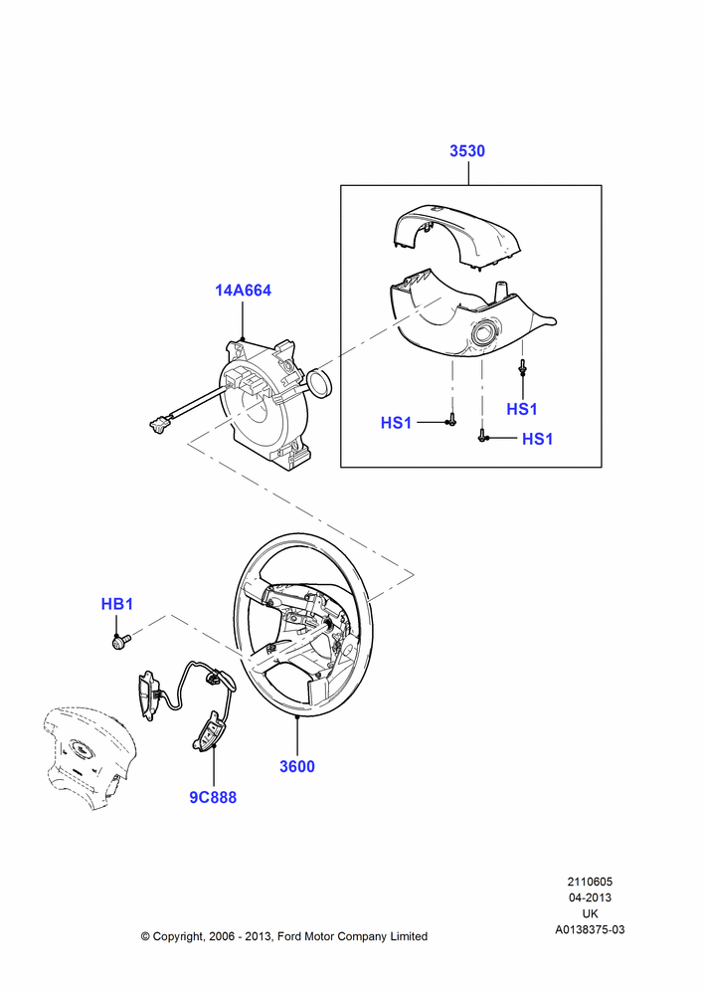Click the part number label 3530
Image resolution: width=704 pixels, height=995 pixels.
coord(467,151)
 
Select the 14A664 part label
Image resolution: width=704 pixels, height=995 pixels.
coord(243,291)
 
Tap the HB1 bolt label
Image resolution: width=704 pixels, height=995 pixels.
coord(117,604)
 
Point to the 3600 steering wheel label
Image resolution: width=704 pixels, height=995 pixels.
coord(297,766)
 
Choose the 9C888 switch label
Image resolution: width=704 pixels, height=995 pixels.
coord(213,798)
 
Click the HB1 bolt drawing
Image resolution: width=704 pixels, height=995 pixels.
coord(120,641)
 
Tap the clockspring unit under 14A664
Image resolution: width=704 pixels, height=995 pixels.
coord(264,400)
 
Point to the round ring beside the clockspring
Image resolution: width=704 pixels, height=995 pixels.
coord(318,383)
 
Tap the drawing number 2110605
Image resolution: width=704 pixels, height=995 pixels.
coord(590,882)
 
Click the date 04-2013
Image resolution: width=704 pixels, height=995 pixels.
coord(590,897)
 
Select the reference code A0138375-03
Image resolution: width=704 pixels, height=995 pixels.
coord(590,929)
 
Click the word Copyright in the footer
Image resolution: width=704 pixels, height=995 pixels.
coord(178,936)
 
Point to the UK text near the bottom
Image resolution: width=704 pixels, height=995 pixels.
coord(590,913)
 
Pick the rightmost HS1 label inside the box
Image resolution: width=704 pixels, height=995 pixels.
coord(537,439)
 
